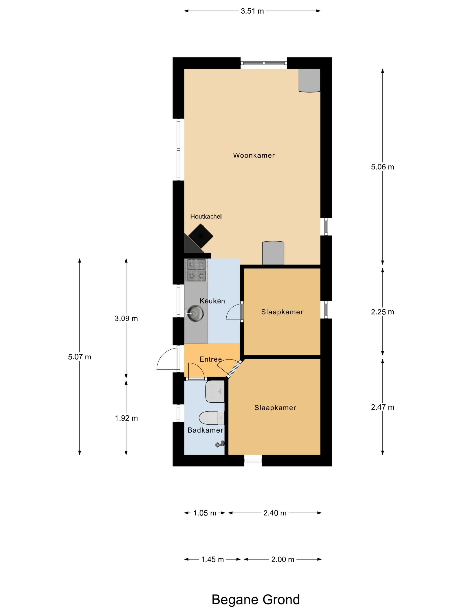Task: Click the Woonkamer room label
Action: pos(254,155)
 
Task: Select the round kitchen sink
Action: pos(195,313)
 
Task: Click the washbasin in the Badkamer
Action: pos(215,391)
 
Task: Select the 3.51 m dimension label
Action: pos(252,11)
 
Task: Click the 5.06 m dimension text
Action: pos(382,167)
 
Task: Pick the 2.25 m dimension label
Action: pos(382,312)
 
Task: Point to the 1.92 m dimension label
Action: pos(126,418)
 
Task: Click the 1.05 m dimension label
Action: pos(205,513)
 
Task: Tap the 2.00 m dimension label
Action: pos(283,559)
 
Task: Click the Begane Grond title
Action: pos(255,599)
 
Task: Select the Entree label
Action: pos(211,359)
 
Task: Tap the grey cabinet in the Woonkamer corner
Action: pos(309,80)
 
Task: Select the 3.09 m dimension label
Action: pos(126,318)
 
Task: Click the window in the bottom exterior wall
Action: pos(253,460)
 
